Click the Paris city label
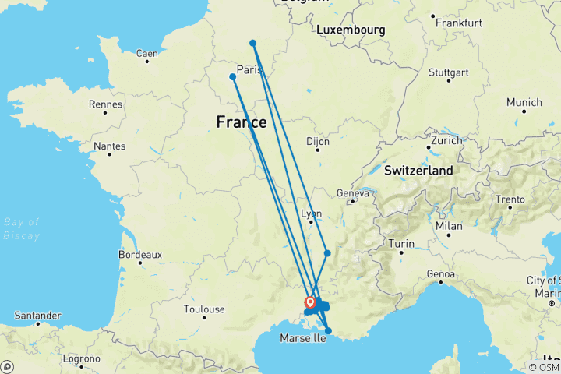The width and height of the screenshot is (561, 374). pyautogui.click(x=248, y=69)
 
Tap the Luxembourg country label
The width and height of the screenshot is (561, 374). pyautogui.click(x=351, y=30)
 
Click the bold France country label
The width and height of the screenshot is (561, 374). pyautogui.click(x=241, y=122)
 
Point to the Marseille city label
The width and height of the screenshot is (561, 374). pyautogui.click(x=302, y=337)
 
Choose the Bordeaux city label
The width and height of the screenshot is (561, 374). pyautogui.click(x=139, y=254)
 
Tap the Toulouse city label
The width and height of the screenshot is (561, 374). pyautogui.click(x=204, y=309)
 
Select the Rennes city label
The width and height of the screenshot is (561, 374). pyautogui.click(x=106, y=104)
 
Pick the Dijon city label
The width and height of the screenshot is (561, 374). pyautogui.click(x=318, y=142)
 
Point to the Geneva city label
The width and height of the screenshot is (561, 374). pyautogui.click(x=351, y=192)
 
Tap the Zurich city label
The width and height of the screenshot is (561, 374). pyautogui.click(x=447, y=142)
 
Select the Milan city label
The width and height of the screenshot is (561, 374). pyautogui.click(x=450, y=225)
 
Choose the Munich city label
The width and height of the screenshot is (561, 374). pyautogui.click(x=524, y=102)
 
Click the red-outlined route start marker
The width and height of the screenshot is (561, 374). pyautogui.click(x=310, y=302)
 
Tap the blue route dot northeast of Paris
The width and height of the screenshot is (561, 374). pyautogui.click(x=253, y=43)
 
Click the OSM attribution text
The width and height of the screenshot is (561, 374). pyautogui.click(x=542, y=367)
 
